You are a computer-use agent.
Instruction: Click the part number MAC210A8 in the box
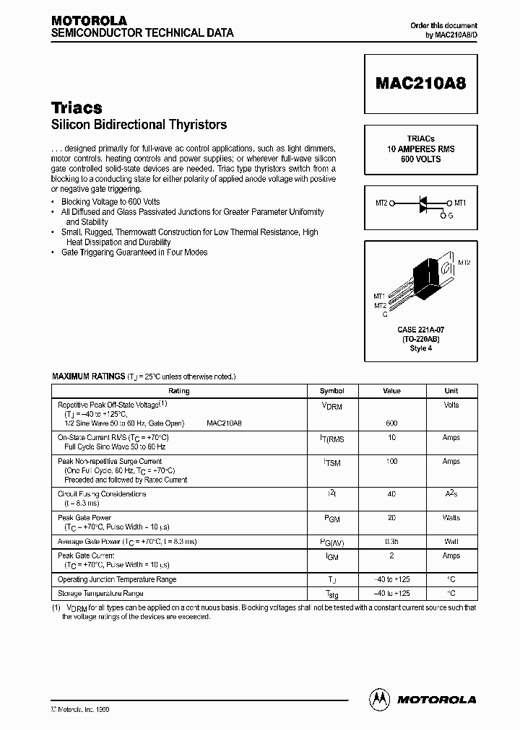pos(421,82)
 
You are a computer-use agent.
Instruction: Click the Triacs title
pos(77,107)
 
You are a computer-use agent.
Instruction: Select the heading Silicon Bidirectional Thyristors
pos(139,125)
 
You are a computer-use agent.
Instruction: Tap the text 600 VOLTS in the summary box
pos(420,159)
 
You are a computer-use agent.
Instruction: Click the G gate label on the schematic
pos(451,216)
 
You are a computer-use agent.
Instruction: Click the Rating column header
pos(178,391)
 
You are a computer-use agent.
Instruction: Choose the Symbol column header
pos(332,391)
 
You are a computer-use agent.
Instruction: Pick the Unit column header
pos(451,391)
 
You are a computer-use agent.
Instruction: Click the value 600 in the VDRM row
pos(391,423)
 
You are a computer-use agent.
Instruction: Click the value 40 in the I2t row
pos(391,494)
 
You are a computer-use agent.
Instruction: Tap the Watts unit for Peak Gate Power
pos(451,518)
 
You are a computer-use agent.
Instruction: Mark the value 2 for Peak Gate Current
pos(391,555)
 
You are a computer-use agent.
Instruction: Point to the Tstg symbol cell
pos(333,594)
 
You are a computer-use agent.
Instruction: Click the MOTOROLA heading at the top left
pos(89,21)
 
